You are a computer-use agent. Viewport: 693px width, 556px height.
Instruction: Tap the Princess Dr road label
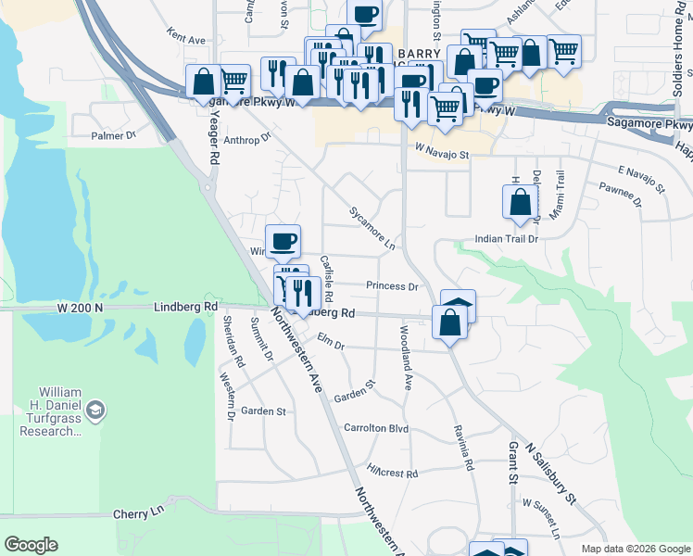(392, 286)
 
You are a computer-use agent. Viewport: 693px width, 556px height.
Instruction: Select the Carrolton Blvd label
(376, 429)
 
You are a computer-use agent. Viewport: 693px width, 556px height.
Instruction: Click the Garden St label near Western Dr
(263, 411)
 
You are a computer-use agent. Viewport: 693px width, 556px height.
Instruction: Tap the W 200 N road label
(79, 305)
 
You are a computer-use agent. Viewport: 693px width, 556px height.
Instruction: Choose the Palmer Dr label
(113, 136)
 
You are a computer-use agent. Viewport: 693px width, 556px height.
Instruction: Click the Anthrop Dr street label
(246, 139)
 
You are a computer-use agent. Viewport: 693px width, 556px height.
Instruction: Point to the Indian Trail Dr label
(506, 239)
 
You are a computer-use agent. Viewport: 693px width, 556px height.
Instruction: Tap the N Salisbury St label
(550, 472)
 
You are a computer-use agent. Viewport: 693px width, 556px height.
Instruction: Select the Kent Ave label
(186, 39)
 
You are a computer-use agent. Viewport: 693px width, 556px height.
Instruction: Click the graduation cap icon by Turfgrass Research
(94, 409)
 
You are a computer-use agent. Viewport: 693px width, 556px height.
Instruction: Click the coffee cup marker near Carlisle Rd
(283, 241)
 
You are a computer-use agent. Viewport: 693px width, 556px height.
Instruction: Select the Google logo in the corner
(31, 545)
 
